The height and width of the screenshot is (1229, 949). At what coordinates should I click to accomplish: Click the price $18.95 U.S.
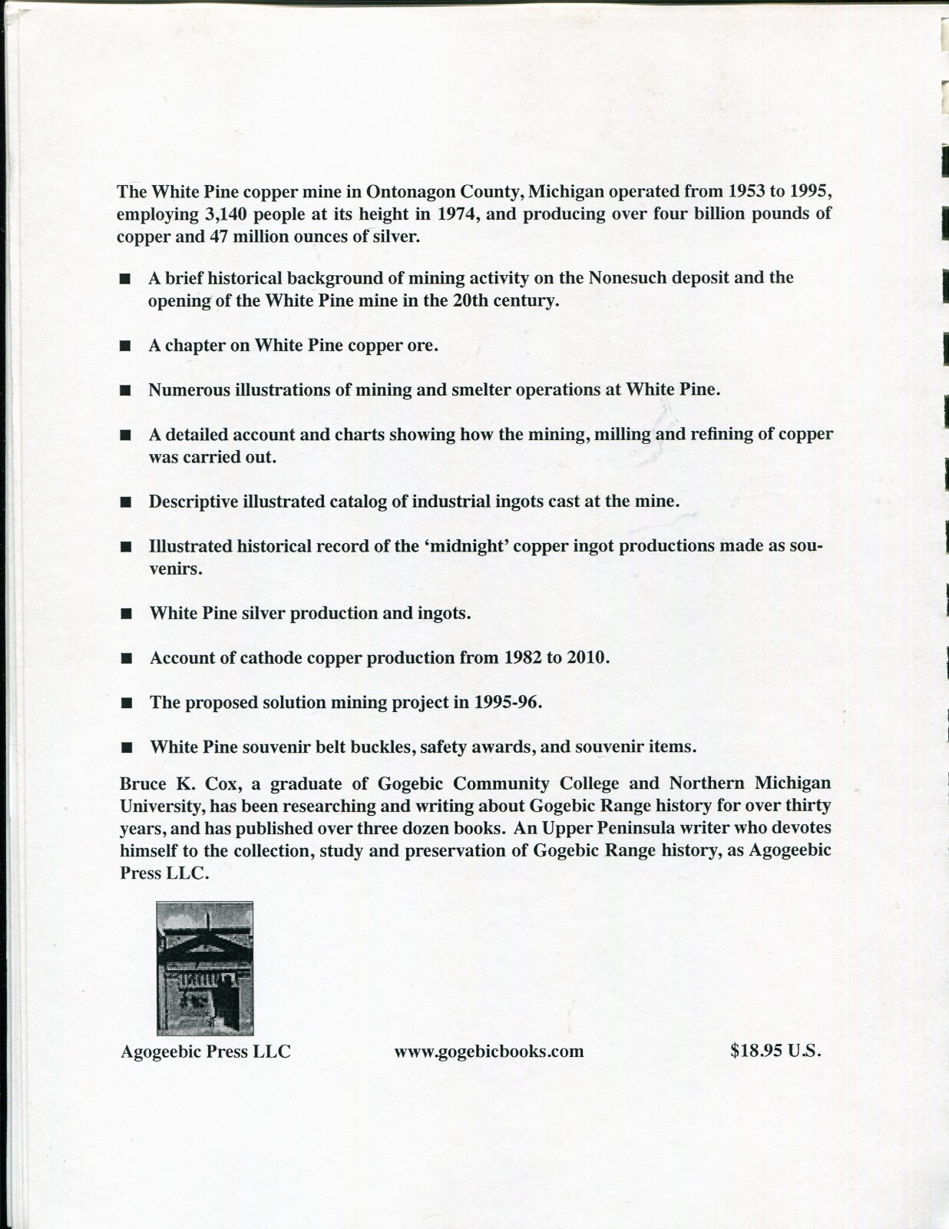tap(775, 1051)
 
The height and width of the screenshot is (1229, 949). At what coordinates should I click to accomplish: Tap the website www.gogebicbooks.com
tap(489, 1052)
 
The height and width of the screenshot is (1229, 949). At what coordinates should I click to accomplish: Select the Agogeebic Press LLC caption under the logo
tap(206, 1052)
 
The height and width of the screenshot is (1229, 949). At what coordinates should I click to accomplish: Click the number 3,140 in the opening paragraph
tap(227, 214)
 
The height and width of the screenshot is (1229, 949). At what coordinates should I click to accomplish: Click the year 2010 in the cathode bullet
tap(587, 658)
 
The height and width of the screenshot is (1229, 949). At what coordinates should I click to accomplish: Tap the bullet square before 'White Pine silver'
tap(127, 614)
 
